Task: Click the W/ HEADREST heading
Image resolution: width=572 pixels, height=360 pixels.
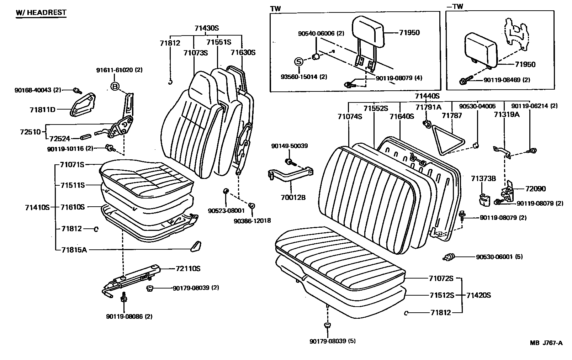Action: (41, 12)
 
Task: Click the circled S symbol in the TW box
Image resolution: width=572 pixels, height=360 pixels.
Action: (299, 62)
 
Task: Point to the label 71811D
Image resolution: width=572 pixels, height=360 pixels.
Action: (43, 110)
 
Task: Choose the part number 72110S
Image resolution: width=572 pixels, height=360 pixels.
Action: (188, 269)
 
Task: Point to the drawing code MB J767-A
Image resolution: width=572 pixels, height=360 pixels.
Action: (546, 343)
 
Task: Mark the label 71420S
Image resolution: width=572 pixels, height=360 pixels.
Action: (478, 295)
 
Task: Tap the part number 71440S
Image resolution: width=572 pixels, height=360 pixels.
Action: (427, 96)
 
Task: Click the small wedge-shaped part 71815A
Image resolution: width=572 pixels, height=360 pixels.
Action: (195, 246)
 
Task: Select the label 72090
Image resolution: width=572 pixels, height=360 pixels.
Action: (535, 189)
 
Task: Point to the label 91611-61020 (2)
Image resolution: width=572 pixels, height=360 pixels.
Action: (119, 70)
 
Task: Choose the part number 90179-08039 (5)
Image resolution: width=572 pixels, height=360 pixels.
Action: (332, 341)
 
